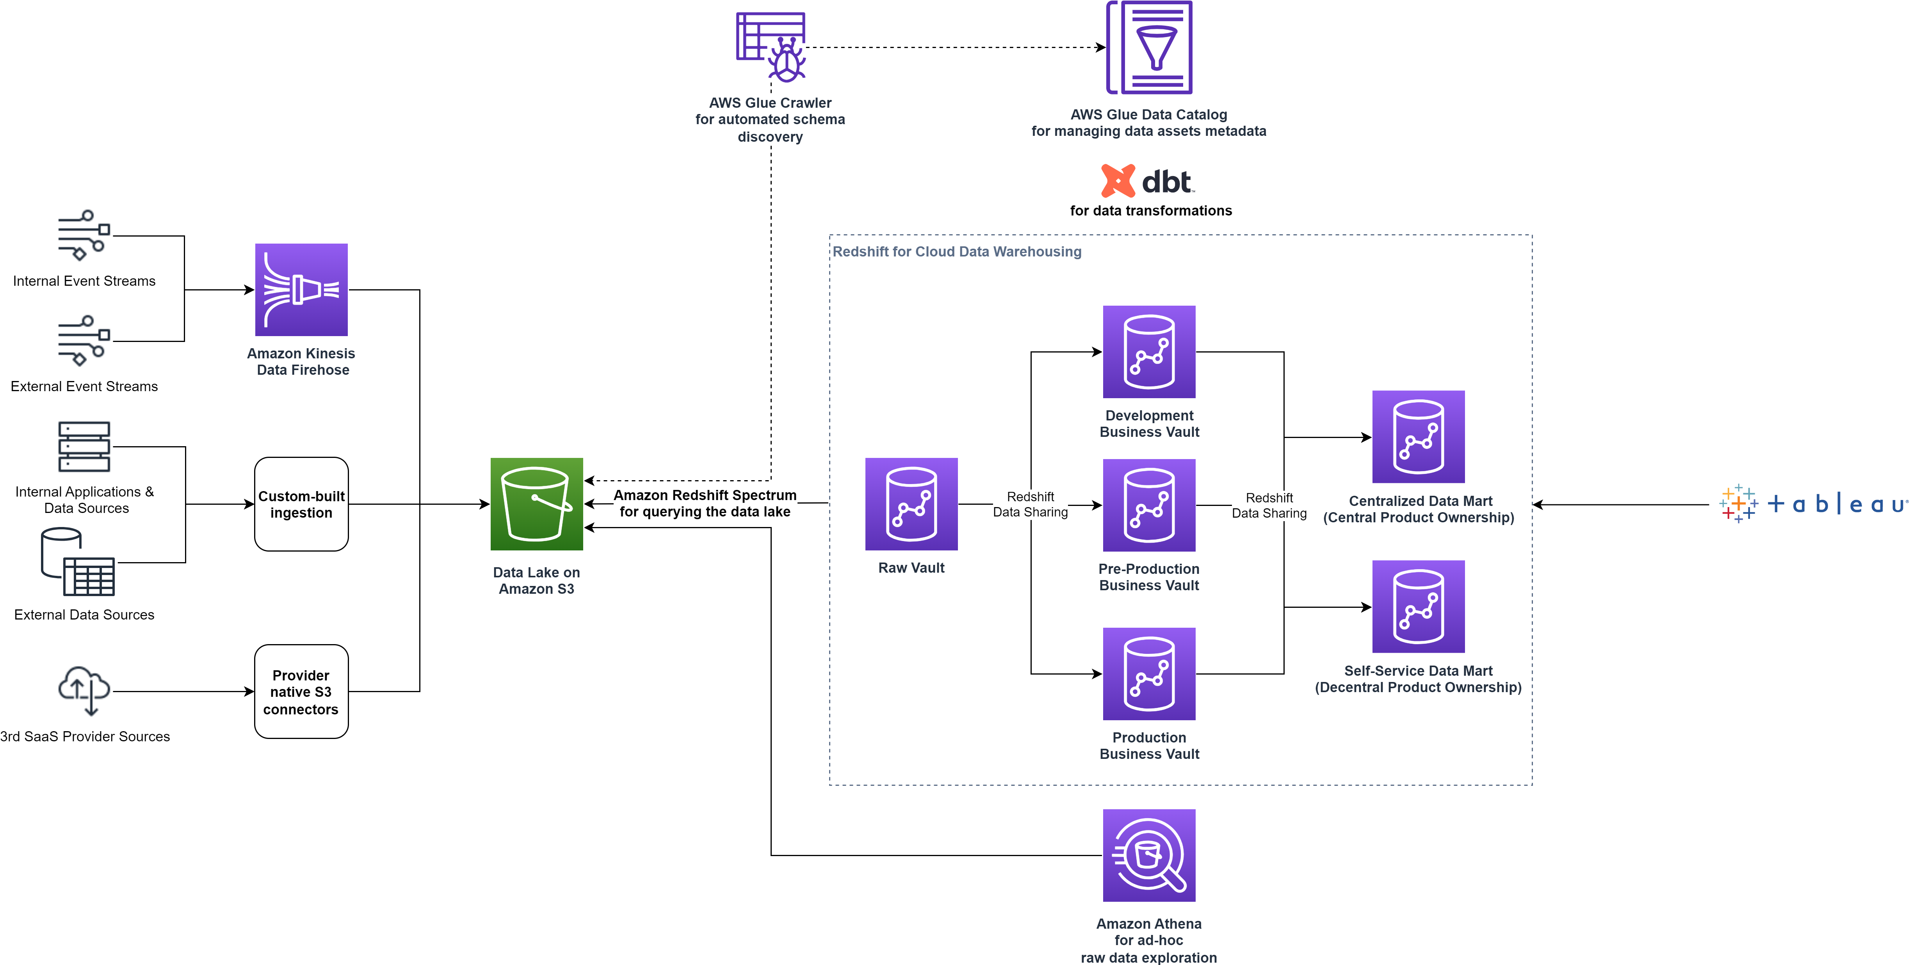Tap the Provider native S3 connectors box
(x=301, y=691)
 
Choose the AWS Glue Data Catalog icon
(x=1149, y=48)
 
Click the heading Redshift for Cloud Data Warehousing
(x=956, y=251)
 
